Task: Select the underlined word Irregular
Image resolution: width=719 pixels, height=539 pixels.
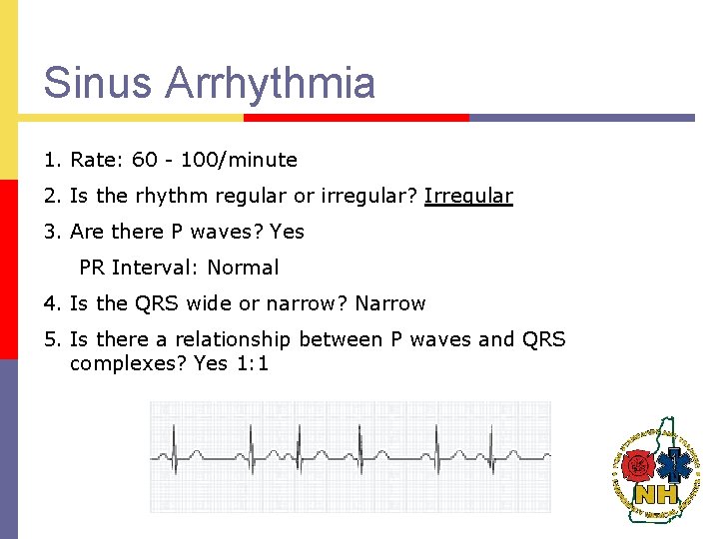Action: point(468,196)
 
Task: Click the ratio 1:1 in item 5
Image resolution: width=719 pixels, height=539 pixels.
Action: point(252,363)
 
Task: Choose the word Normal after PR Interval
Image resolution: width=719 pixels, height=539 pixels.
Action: point(243,268)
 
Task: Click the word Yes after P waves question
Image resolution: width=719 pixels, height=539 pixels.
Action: point(287,232)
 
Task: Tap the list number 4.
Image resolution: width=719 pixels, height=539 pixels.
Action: point(50,303)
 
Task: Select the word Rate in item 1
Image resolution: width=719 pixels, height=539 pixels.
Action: point(91,160)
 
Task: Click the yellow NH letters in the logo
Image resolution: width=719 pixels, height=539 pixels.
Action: point(656,492)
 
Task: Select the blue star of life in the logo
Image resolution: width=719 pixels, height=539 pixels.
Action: point(676,463)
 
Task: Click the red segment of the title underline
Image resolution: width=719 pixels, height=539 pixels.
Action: point(356,117)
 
